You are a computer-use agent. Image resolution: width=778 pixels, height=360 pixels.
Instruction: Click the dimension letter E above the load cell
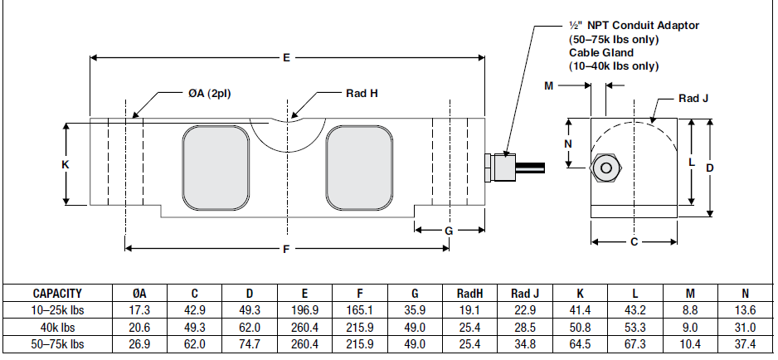[286, 58]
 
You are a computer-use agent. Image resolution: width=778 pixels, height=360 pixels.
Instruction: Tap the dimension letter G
[449, 230]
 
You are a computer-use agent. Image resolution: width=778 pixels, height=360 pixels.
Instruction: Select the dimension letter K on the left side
[66, 165]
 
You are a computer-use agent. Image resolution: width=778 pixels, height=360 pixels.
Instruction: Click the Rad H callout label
[362, 93]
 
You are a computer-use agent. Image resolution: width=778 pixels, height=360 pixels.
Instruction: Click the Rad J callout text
[693, 98]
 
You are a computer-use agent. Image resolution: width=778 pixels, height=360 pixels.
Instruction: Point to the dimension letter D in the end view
[710, 168]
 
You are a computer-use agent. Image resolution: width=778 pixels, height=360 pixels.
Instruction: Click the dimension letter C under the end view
[634, 243]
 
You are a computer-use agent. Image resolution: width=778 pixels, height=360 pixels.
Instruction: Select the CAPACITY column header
[57, 293]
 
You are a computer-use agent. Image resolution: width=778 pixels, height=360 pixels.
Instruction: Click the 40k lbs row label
[57, 326]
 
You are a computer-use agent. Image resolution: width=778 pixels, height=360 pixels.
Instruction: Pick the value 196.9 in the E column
[304, 309]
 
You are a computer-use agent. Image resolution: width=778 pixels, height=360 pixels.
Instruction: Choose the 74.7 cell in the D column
[249, 343]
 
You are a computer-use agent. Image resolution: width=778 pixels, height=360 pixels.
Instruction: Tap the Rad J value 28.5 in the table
[525, 326]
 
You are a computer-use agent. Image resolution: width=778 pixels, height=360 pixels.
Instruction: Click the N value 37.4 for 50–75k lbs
[745, 343]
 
